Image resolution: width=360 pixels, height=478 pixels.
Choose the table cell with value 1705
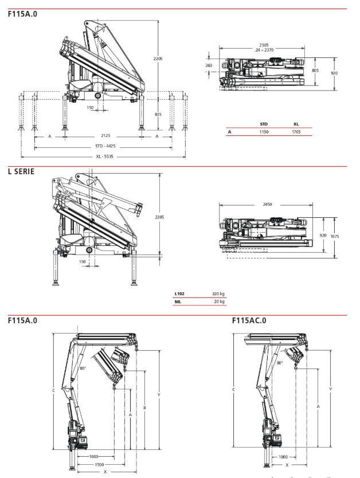[x=296, y=131]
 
